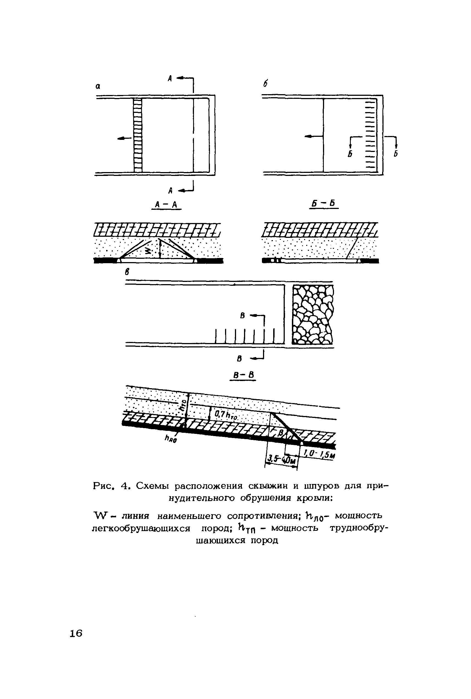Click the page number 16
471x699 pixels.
(76, 633)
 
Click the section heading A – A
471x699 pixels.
(166, 205)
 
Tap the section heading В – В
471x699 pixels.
(243, 375)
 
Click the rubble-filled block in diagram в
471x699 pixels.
(313, 314)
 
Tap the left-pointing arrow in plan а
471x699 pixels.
(124, 138)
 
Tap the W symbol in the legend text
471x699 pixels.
(100, 516)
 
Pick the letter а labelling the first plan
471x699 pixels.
(98, 86)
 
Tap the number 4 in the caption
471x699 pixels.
(124, 486)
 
